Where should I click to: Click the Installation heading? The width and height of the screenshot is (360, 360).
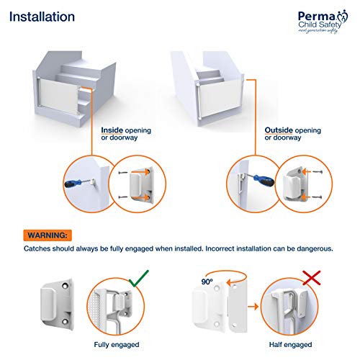click(x=42, y=16)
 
